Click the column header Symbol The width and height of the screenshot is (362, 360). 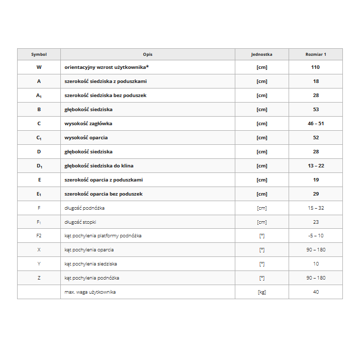[x=39, y=54]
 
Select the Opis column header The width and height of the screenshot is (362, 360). [x=147, y=54]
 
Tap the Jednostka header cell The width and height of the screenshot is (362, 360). [x=261, y=54]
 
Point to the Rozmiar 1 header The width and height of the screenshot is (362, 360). [x=316, y=54]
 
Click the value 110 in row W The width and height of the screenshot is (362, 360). [x=316, y=67]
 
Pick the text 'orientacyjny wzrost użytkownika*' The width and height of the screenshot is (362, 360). [x=107, y=67]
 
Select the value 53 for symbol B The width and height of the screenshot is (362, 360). [x=316, y=109]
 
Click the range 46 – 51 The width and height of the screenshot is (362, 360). [x=316, y=123]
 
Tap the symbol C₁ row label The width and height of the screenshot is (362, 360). [x=39, y=137]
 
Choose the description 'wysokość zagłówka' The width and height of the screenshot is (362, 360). [x=88, y=123]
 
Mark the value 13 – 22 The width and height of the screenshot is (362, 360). [x=316, y=165]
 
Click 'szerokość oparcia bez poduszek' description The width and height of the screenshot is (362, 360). [x=104, y=194]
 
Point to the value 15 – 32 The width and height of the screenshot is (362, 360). [x=316, y=208]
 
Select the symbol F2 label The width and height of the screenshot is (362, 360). [x=39, y=236]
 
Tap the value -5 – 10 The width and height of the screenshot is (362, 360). [x=316, y=236]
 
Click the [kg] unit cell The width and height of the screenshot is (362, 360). [x=261, y=292]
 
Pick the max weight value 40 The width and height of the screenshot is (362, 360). [x=316, y=292]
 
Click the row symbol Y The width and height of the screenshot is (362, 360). [x=39, y=264]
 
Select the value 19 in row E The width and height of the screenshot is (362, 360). [x=316, y=179]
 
